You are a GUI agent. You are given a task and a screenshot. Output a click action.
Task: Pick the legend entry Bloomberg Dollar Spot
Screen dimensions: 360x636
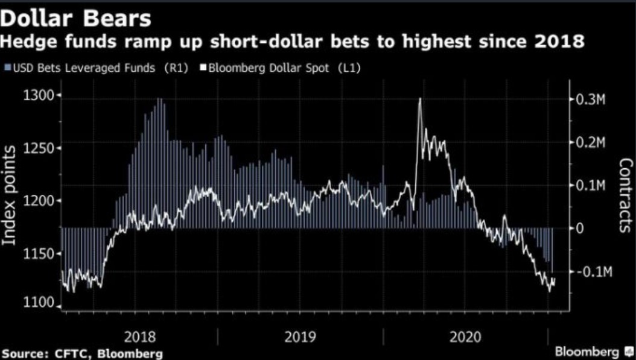point(284,68)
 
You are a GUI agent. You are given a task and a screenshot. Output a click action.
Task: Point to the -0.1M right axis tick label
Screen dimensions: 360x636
point(594,272)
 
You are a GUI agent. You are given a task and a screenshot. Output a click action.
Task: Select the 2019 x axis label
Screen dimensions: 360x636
point(300,336)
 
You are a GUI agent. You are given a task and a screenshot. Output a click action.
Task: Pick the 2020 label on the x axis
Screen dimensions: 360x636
point(465,336)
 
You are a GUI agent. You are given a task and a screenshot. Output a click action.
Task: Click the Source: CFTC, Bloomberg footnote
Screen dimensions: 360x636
point(82,353)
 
